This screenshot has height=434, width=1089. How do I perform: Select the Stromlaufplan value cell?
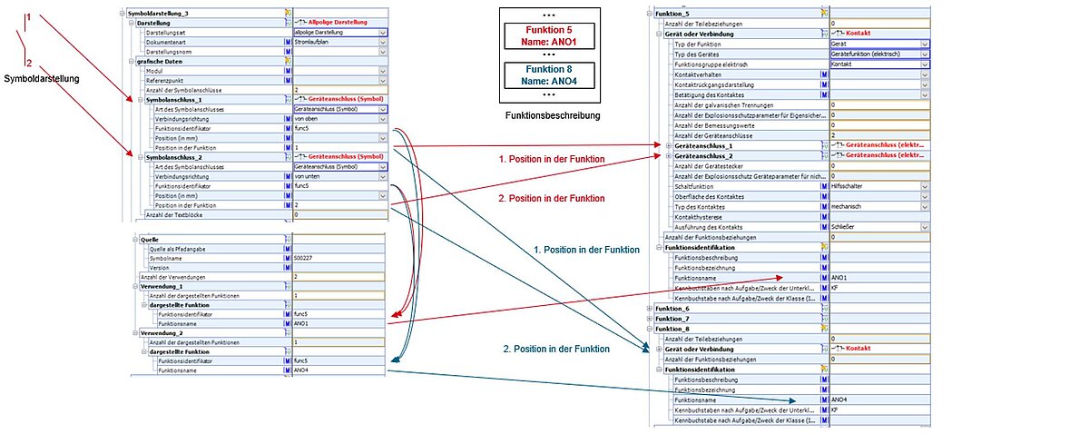click(335, 42)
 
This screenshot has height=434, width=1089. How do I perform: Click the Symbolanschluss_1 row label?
click(169, 99)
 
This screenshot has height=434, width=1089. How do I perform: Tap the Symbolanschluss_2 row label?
click(169, 156)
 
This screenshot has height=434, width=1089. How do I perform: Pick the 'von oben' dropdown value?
click(335, 118)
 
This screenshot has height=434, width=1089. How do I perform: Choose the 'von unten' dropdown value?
click(335, 175)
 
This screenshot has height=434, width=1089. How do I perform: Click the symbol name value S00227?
click(335, 257)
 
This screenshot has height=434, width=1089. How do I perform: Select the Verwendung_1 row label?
click(161, 285)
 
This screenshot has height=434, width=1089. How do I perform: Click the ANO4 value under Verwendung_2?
click(335, 370)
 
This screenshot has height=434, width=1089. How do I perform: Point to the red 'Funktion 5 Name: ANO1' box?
click(548, 37)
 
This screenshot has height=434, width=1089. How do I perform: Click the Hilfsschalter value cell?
click(877, 185)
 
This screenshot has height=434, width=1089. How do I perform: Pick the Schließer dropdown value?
click(877, 226)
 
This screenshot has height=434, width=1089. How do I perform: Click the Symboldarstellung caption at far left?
click(42, 79)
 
